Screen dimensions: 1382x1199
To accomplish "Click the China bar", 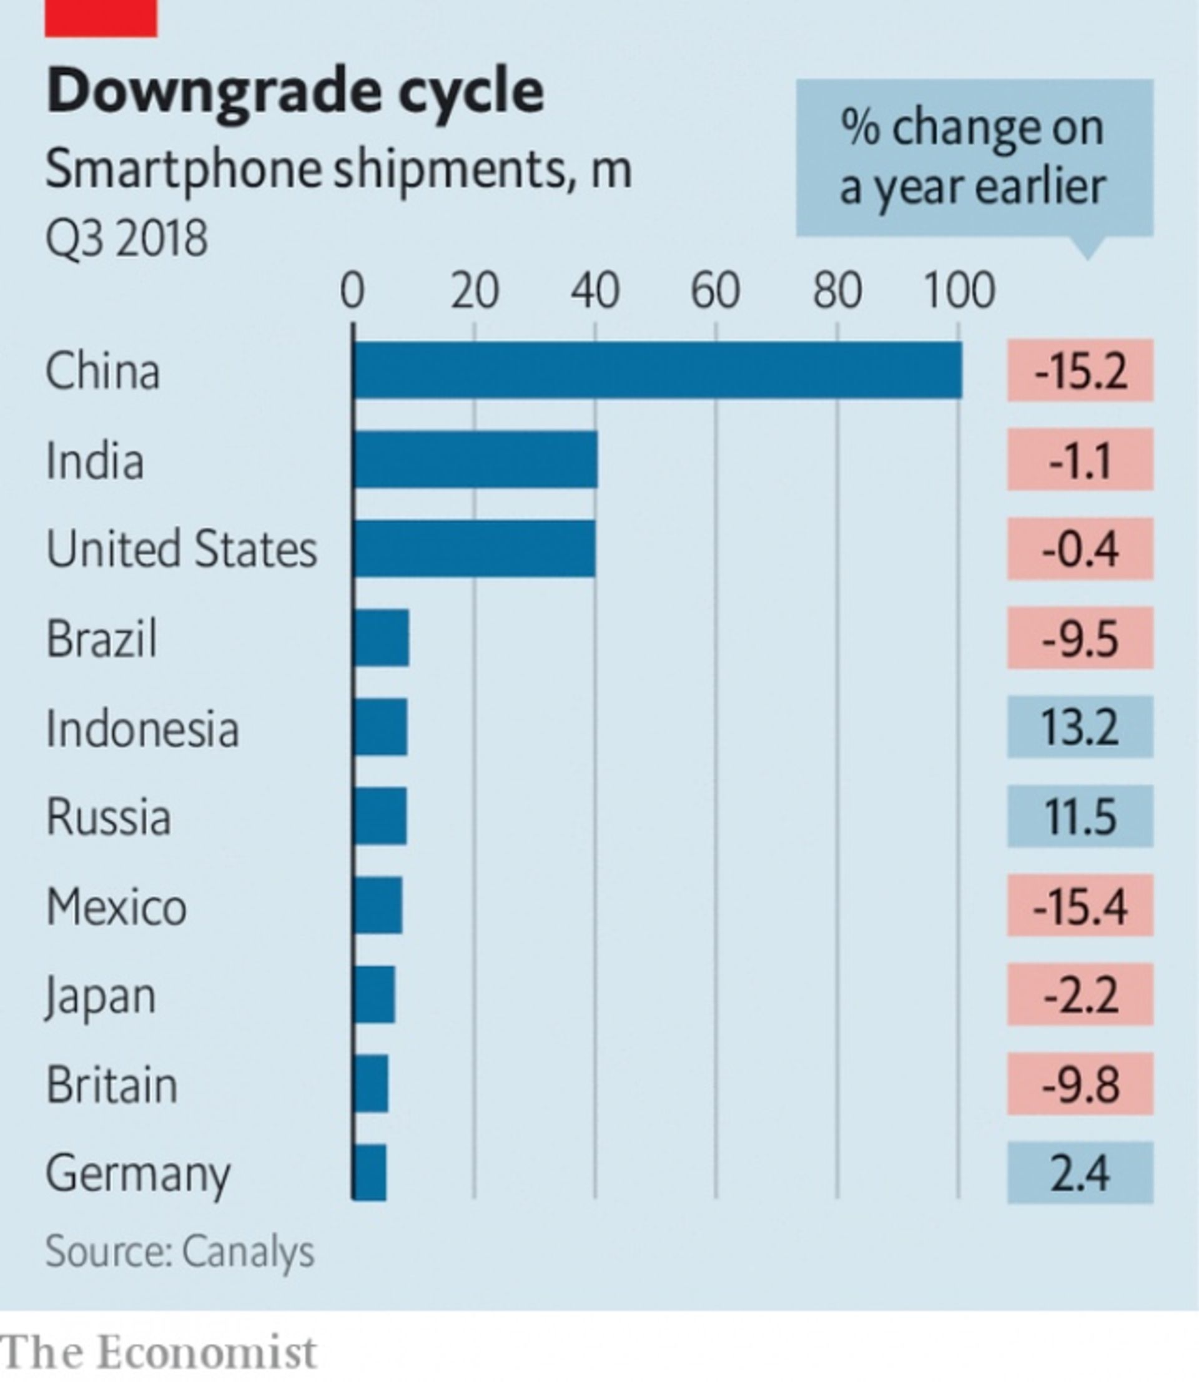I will coord(657,370).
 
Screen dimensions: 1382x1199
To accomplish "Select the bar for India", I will coord(475,459).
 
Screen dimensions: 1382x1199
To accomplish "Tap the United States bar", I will coord(474,549).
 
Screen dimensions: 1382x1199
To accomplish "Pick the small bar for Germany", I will coord(369,1173).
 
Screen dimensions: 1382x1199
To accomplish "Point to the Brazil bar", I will coord(381,637).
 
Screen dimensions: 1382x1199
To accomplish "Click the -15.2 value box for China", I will coord(1080,370).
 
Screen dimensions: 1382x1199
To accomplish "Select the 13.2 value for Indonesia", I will coord(1080,727).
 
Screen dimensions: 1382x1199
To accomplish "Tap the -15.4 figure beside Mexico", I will coord(1080,905).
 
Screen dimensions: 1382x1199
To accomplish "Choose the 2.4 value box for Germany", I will coord(1080,1173).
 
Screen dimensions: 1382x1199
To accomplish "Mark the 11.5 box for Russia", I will coord(1080,816).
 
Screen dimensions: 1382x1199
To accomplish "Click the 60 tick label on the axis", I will coord(715,291).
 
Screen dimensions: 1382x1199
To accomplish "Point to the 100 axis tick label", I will coord(959,291).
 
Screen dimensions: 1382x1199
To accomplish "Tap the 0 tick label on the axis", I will coord(353,291).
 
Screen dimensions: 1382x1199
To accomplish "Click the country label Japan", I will coord(101,996).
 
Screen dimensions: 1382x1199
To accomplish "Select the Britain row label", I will coord(112,1084).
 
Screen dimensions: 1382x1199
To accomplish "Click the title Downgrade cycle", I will coord(294,91).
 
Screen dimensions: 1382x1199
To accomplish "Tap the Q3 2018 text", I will coord(126,238).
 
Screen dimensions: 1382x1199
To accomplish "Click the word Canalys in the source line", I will coord(247,1251).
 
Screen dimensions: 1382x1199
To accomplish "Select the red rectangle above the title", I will coord(101,17).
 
